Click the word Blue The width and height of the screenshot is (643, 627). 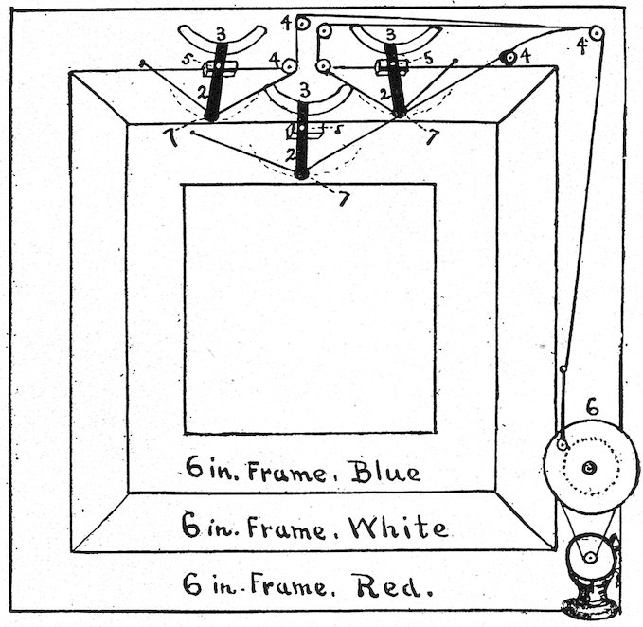click(x=384, y=470)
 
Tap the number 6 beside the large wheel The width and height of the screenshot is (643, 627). click(x=592, y=408)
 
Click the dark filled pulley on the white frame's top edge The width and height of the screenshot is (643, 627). click(x=509, y=58)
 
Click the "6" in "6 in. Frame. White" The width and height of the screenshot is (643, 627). click(x=191, y=526)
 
